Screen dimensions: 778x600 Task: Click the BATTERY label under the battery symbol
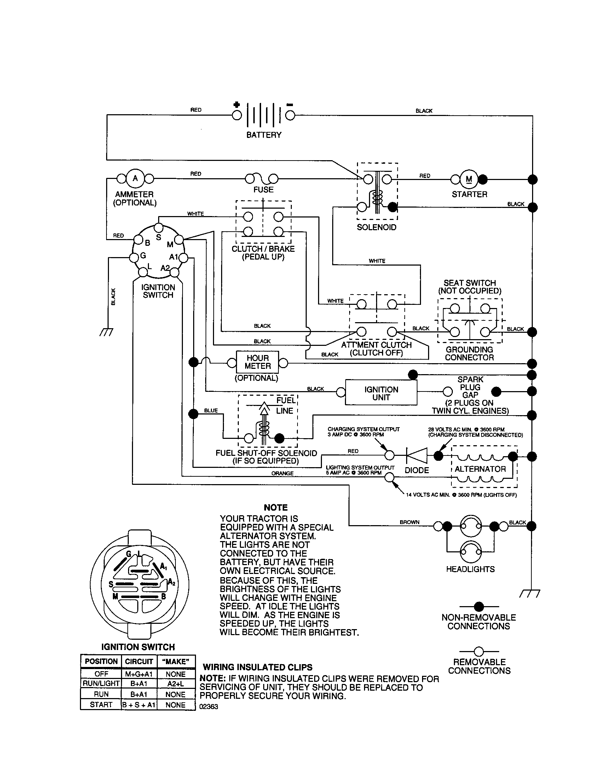pos(264,135)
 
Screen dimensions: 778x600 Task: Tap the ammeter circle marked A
pos(135,178)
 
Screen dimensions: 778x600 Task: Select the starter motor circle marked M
pos(469,179)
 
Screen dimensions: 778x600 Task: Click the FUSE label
pos(263,190)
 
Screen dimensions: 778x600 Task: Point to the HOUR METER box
pos(257,362)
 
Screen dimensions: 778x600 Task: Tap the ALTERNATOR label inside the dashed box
pos(480,469)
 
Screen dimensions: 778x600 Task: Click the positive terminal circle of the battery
pos(237,115)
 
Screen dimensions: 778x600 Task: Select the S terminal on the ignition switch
pos(159,228)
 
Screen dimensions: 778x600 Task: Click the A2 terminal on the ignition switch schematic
pos(174,273)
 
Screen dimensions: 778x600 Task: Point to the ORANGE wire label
pos(282,474)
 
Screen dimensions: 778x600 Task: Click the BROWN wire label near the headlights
pos(409,522)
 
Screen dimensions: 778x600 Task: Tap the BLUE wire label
pos(210,411)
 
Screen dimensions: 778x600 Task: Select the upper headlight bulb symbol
pos(470,526)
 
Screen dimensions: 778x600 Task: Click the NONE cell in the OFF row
pos(175,674)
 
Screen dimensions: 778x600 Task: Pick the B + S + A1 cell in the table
pos(139,705)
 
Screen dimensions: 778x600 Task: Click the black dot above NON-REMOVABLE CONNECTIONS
pos(479,606)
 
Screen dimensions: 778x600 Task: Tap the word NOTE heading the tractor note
pos(276,507)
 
